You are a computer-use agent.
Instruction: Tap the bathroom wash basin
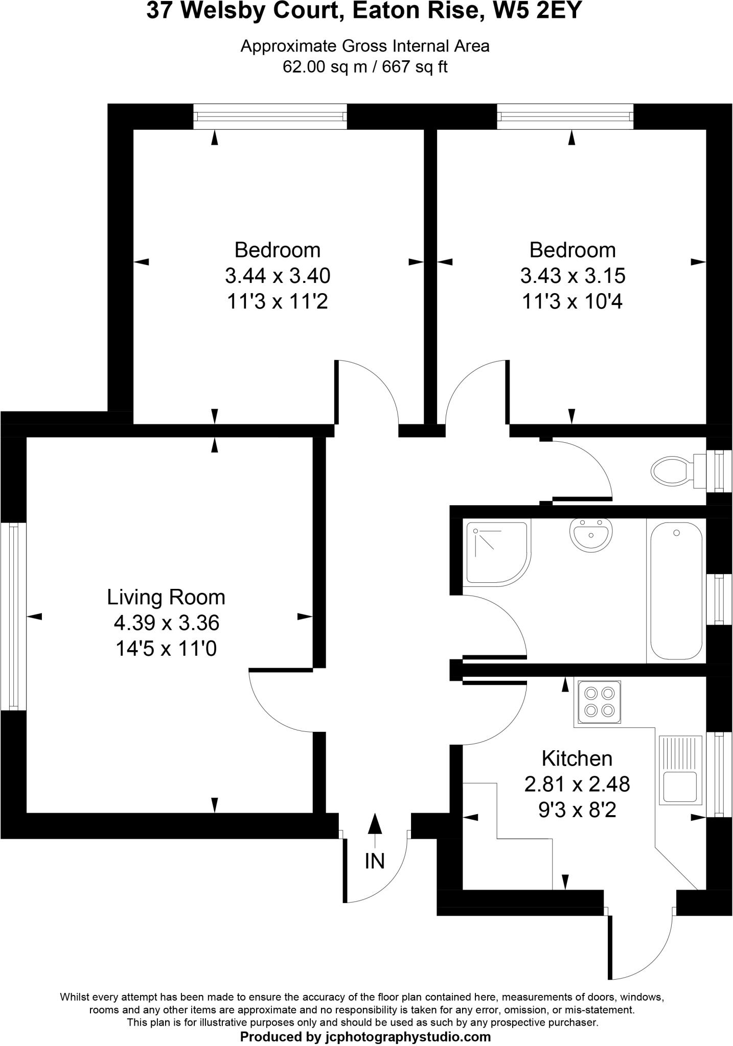coord(590,534)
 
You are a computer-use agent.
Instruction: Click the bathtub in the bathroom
coord(676,592)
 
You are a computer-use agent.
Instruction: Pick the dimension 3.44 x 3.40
coord(278,276)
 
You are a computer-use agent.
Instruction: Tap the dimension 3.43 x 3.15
coord(572,276)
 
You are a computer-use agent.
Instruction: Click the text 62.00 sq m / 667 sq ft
coord(365,67)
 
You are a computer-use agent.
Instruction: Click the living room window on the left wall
coord(13,616)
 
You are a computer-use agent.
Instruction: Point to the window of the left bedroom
coord(270,116)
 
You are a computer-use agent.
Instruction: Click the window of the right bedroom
coord(565,116)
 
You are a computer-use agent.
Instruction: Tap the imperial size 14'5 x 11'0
coord(166,649)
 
